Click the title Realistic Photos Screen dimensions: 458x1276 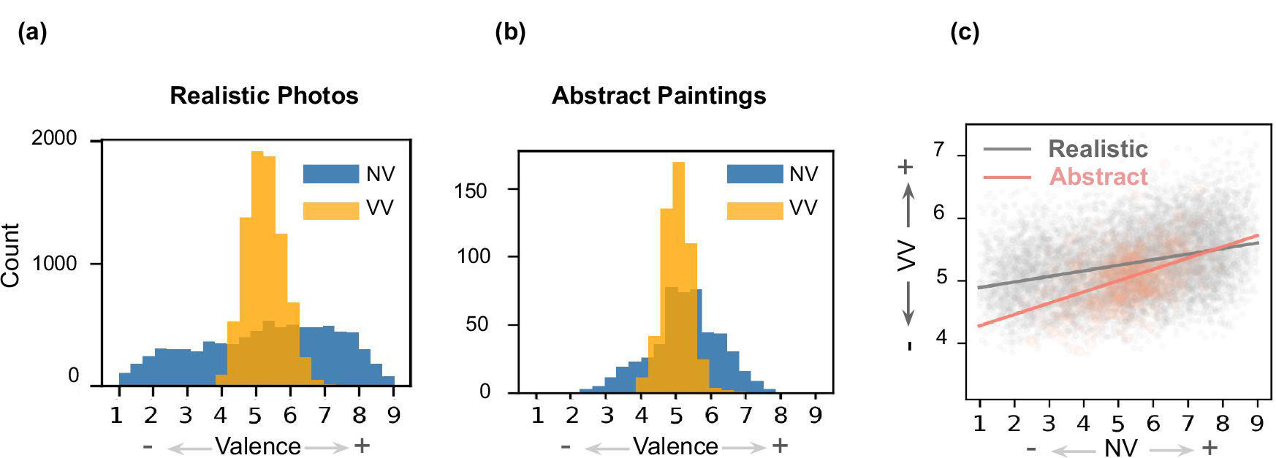(264, 96)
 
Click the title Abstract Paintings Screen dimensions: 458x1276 (658, 96)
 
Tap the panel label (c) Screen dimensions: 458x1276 (964, 32)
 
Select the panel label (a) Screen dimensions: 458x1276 (32, 32)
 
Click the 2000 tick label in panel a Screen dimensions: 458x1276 (53, 138)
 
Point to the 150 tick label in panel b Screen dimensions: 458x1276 (470, 191)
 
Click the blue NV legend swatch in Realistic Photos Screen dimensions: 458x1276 (331, 174)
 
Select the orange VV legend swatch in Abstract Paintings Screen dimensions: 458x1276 (754, 209)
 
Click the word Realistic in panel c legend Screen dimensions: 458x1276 (1098, 149)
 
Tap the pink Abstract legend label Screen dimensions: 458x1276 (1098, 177)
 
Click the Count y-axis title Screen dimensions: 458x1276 (10, 256)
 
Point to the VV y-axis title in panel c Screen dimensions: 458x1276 (907, 255)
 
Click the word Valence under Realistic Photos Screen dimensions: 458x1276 (257, 446)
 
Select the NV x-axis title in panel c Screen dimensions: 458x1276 (1120, 447)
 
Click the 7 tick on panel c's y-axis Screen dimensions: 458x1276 (939, 150)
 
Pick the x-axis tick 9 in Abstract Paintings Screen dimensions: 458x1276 (815, 416)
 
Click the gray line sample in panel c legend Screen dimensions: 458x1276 (1006, 149)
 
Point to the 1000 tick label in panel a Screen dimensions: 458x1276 (54, 264)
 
